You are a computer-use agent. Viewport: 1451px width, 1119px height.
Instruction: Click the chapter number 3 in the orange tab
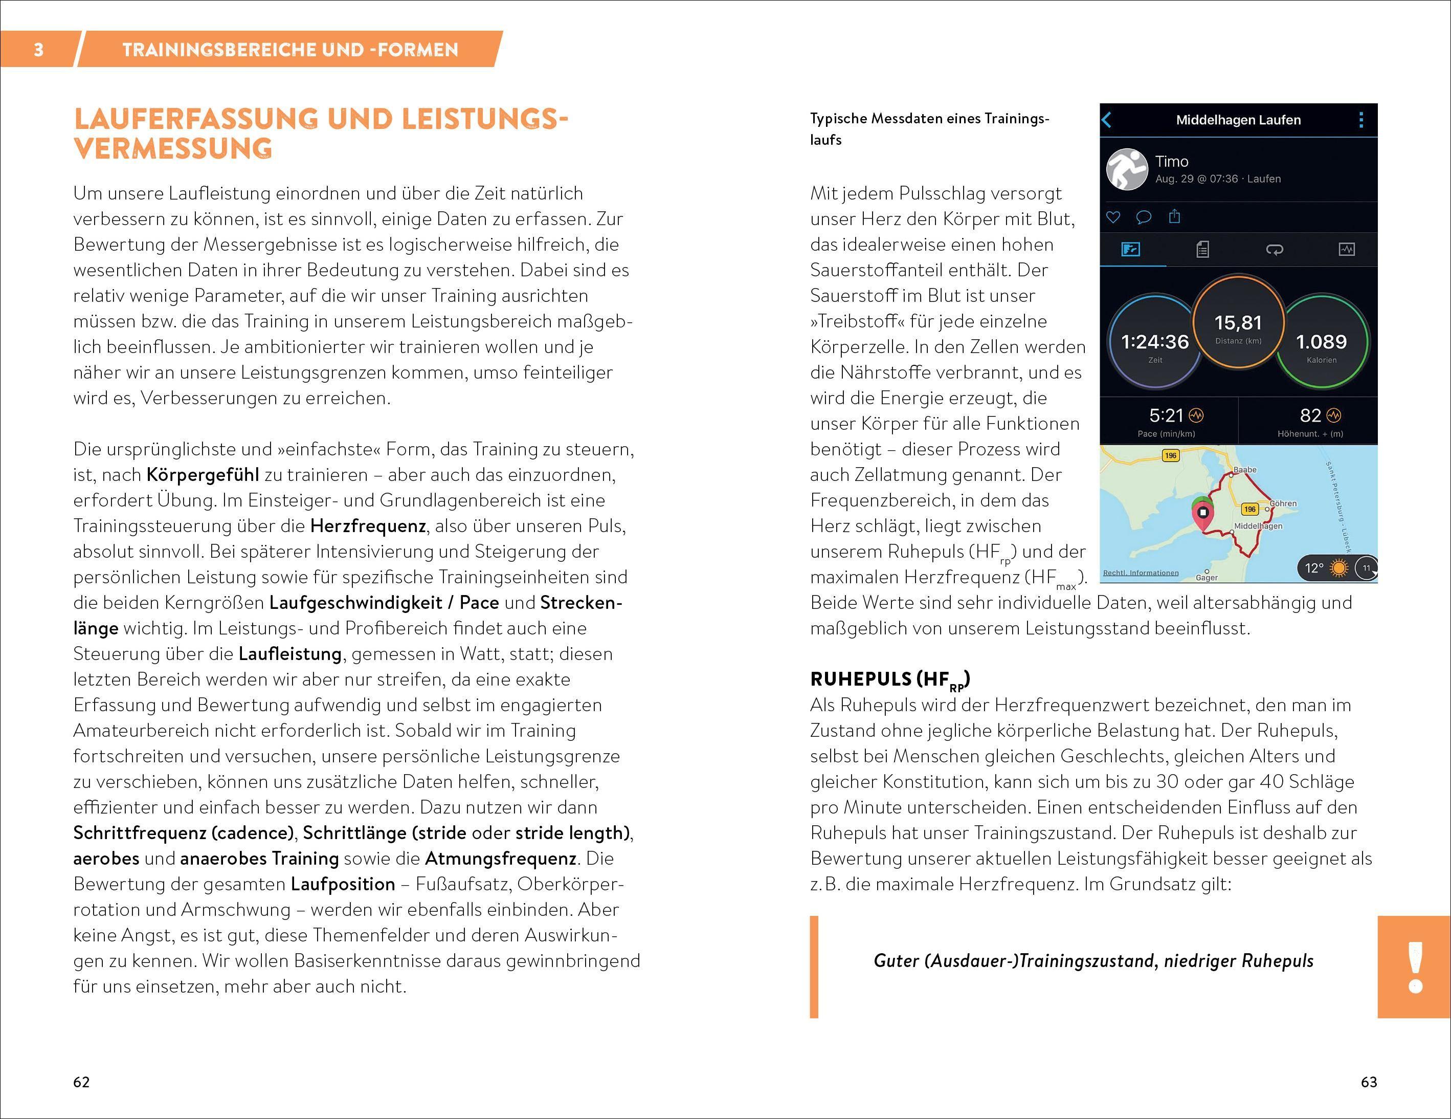[38, 49]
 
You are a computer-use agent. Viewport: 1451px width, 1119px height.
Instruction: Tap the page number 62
[81, 1082]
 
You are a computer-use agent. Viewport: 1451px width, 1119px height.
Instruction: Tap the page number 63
[1369, 1082]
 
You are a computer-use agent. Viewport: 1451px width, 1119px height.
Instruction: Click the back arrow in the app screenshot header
[1107, 120]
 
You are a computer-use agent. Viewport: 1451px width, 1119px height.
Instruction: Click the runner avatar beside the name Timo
[1127, 169]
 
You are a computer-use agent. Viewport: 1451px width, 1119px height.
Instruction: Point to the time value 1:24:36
[1155, 342]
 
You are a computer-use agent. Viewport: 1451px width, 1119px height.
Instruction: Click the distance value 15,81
[1238, 323]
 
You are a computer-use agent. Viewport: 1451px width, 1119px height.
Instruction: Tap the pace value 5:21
[1166, 416]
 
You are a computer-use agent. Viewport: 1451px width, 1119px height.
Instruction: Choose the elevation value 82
[1310, 416]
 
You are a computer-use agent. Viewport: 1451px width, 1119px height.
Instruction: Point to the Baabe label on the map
[1245, 470]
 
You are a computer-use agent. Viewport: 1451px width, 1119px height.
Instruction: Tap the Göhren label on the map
[1283, 503]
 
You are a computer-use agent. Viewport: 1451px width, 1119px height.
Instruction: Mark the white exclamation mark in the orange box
[1415, 967]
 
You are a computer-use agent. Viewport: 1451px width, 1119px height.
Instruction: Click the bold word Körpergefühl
[202, 474]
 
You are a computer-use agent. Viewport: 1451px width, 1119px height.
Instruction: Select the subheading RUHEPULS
[861, 679]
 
